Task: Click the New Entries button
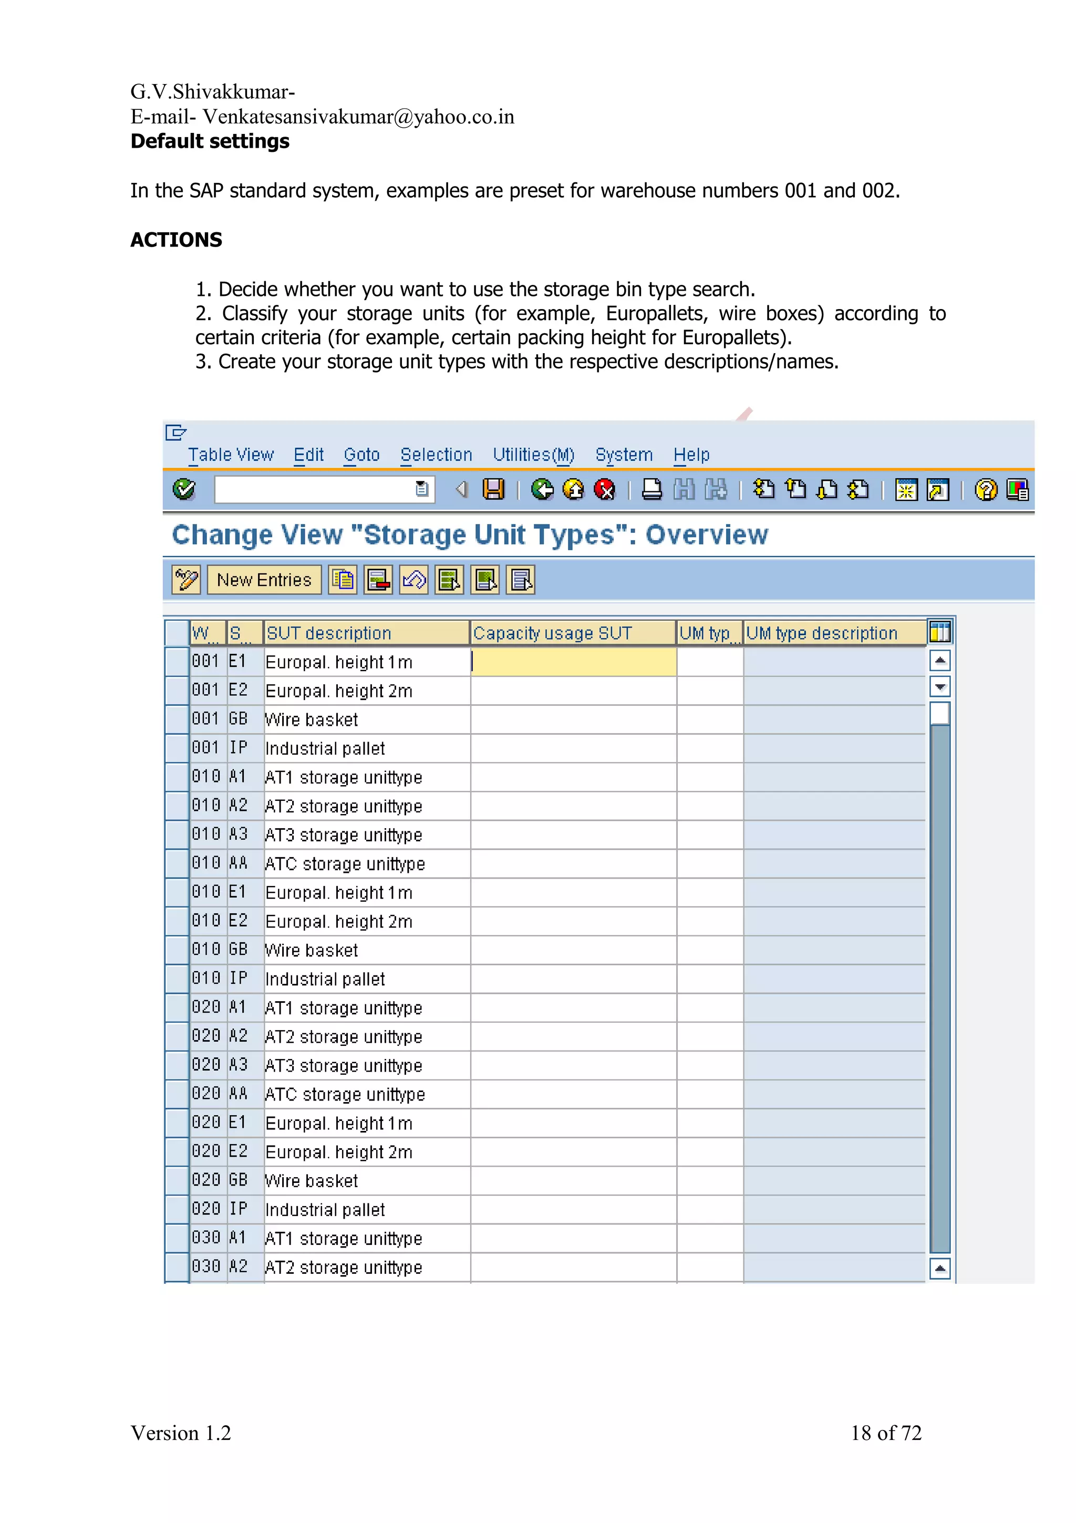coord(264,580)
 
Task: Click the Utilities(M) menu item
coord(533,455)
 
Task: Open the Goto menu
coord(361,455)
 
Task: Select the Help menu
coord(691,455)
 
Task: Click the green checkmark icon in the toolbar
coord(184,490)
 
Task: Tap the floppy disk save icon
coord(493,490)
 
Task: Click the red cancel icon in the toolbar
coord(605,490)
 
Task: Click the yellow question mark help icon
coord(985,490)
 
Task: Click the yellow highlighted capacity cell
coord(574,662)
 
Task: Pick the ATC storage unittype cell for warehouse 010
coord(345,863)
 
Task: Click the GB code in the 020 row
coord(238,1180)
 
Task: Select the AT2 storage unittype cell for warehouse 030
coord(344,1268)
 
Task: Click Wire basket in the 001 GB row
coord(311,719)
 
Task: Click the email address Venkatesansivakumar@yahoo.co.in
coord(358,117)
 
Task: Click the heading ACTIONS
coord(177,240)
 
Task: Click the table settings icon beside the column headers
coord(939,633)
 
